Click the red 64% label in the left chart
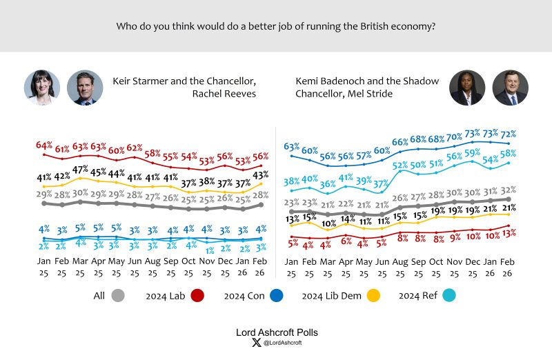pos(44,146)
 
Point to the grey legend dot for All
pos(117,295)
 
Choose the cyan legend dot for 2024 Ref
pos(451,295)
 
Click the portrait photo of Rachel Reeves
pos(42,88)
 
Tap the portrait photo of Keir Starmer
pos(85,88)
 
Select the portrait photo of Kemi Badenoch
pos(466,88)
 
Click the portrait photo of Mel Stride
pos(510,88)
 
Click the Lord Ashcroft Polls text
pos(276,332)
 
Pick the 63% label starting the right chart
pos(292,146)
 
